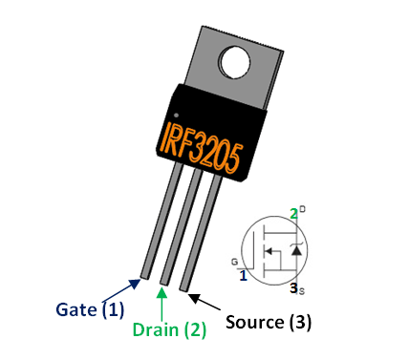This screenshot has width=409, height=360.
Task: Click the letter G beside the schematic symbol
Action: click(x=234, y=260)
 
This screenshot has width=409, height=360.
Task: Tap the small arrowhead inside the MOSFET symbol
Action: click(x=271, y=251)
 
